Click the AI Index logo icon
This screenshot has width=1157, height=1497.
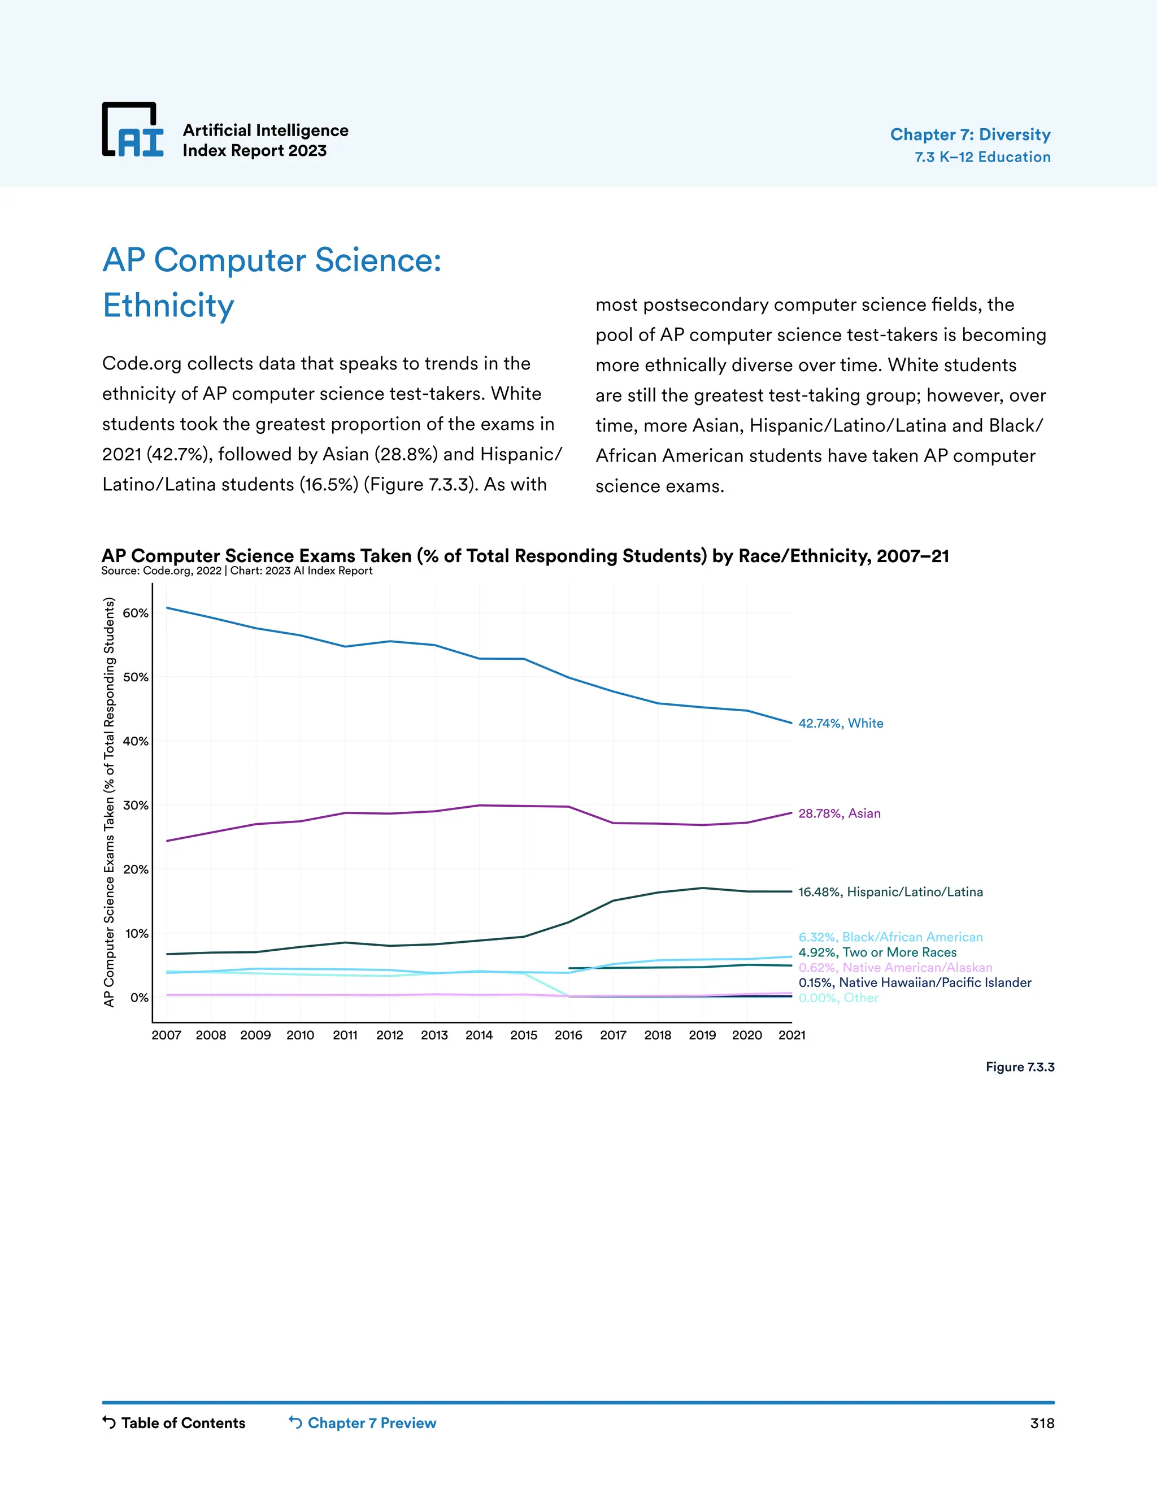tap(133, 130)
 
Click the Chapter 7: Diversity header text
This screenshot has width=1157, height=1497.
tap(970, 134)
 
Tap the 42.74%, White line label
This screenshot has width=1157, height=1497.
tap(840, 723)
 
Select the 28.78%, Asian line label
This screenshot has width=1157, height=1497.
tap(839, 813)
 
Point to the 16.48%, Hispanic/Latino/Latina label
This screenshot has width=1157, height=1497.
tap(890, 892)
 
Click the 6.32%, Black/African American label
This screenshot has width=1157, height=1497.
tap(890, 937)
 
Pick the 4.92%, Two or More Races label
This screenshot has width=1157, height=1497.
tap(877, 952)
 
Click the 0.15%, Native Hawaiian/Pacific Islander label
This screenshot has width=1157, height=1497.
tap(915, 982)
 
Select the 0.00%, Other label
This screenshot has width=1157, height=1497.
tap(838, 998)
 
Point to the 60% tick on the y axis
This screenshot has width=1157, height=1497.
tap(135, 613)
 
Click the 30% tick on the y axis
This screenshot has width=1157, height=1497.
tap(135, 806)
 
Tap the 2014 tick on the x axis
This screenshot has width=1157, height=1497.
tap(479, 1035)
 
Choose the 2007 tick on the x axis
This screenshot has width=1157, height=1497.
tap(167, 1035)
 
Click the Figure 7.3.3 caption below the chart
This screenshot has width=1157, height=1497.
tap(1019, 1067)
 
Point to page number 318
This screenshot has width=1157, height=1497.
tap(1041, 1423)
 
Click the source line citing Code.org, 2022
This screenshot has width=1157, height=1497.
tap(237, 571)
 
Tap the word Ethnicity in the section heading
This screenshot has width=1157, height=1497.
tap(168, 306)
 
